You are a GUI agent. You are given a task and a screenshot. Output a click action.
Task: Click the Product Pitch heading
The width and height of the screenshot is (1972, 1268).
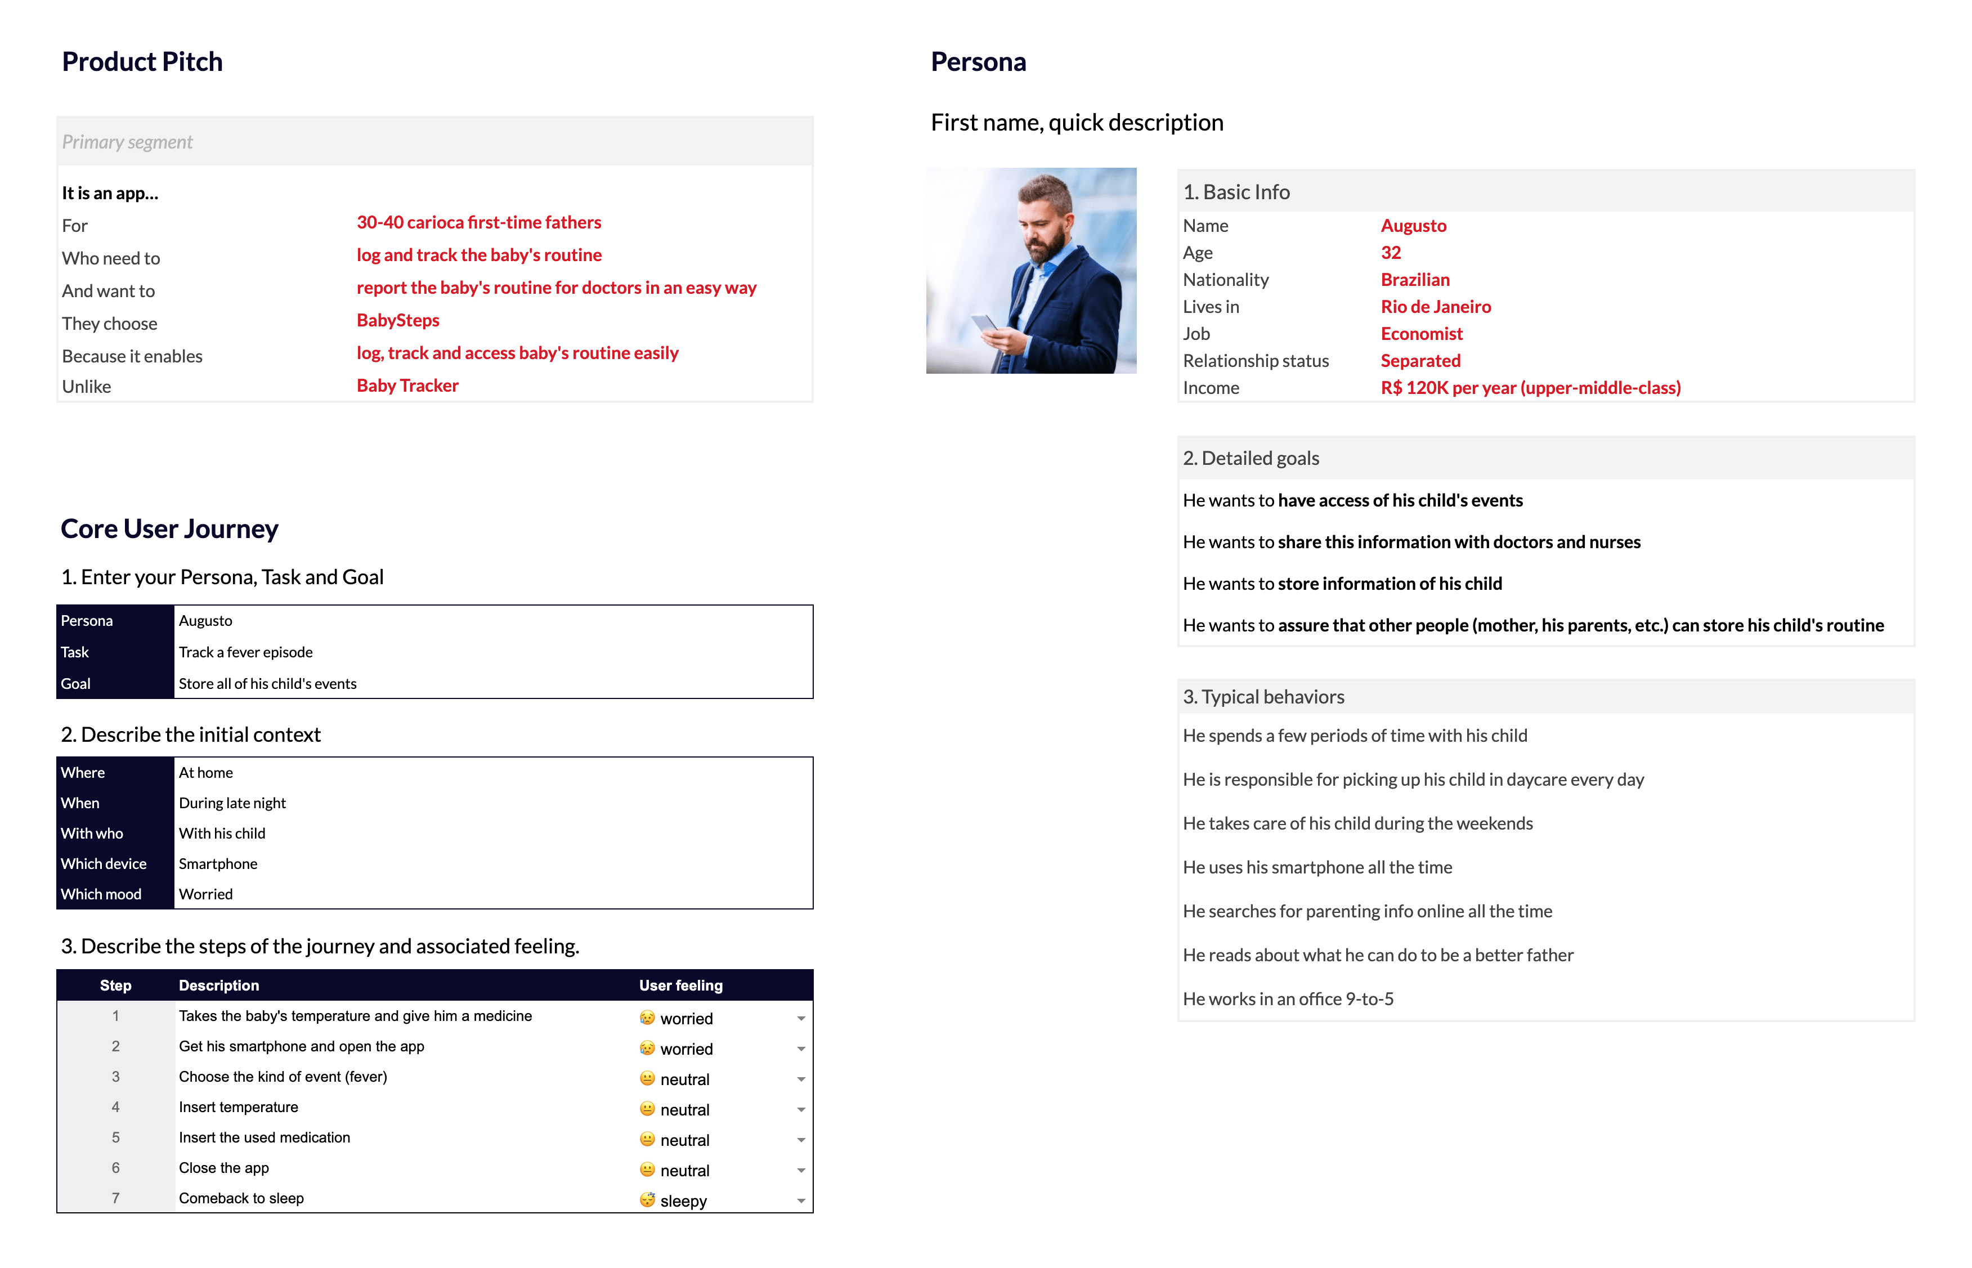pos(142,62)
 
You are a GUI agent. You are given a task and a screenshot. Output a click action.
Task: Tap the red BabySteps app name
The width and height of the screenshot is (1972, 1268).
pos(398,320)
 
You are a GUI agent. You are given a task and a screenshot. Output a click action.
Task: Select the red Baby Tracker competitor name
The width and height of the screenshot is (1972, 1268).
pos(407,386)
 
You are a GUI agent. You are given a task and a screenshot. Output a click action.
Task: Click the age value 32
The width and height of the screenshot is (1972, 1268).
pos(1390,253)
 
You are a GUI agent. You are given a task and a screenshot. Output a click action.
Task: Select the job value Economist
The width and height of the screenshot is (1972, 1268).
pos(1421,334)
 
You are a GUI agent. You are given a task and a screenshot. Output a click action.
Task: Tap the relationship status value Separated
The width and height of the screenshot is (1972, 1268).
pos(1420,361)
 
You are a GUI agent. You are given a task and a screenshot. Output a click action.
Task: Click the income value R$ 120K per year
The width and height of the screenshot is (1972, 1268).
pos(1530,388)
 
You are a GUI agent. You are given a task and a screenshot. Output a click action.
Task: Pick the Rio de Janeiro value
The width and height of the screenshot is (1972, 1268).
pos(1435,306)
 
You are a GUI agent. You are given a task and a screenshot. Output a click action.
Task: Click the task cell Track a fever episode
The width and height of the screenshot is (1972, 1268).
pos(245,652)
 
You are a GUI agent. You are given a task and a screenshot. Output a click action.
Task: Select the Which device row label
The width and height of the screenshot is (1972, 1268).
pos(104,864)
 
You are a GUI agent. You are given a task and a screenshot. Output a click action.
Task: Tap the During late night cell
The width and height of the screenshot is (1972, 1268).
pos(232,803)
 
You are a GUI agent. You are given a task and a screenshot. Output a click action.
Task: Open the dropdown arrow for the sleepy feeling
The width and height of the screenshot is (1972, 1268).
pos(800,1201)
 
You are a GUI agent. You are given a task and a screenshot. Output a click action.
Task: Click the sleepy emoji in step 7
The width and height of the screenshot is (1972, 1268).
pos(647,1200)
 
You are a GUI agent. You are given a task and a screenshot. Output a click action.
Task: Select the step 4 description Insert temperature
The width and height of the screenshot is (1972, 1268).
pos(238,1108)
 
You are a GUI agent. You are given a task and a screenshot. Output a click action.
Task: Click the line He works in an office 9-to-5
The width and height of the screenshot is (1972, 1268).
pos(1288,999)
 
